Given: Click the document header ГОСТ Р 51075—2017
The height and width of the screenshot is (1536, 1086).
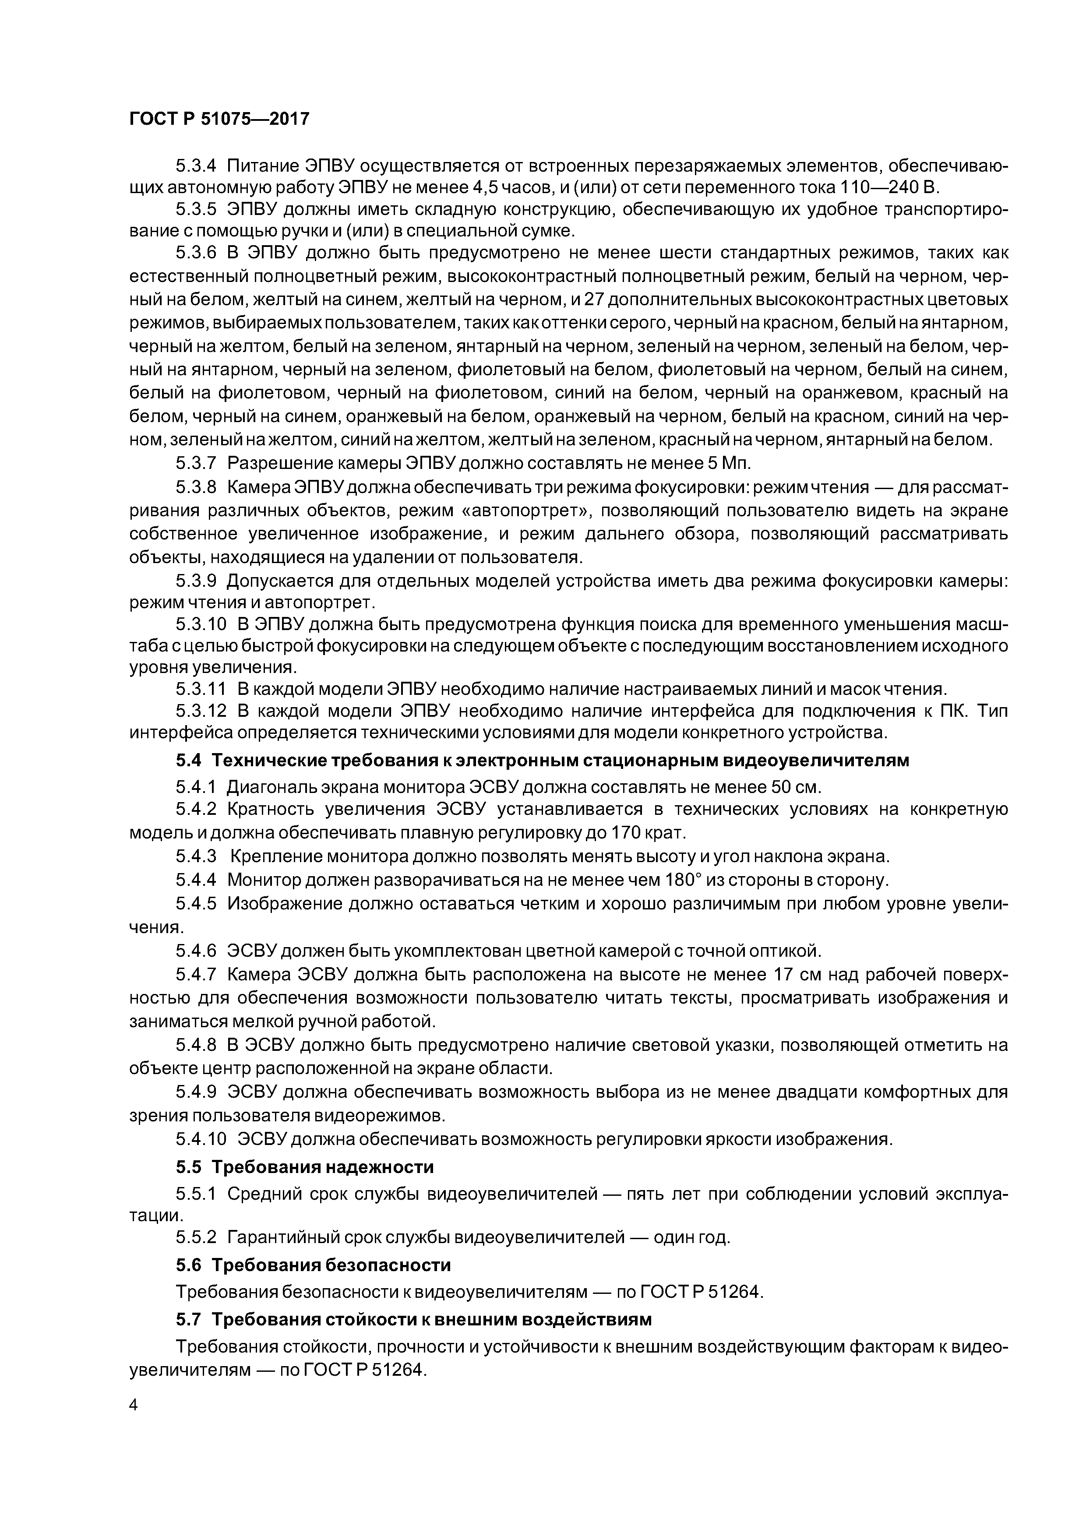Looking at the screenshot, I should [x=219, y=119].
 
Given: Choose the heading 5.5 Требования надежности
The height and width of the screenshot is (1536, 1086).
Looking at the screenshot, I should [x=304, y=1167].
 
